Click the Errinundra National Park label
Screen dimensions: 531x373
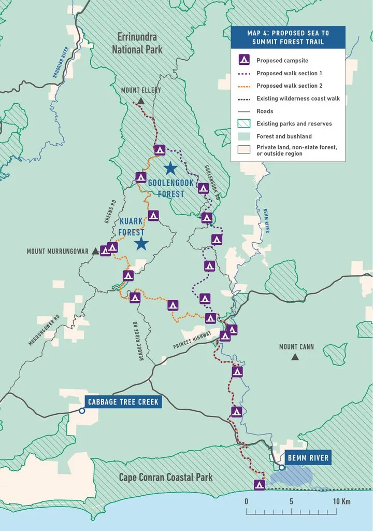pyautogui.click(x=137, y=43)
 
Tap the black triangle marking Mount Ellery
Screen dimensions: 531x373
pyautogui.click(x=141, y=101)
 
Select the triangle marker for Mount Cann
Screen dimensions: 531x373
pyautogui.click(x=295, y=357)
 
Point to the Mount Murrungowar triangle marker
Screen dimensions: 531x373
pyautogui.click(x=95, y=251)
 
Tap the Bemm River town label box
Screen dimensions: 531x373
pyautogui.click(x=307, y=458)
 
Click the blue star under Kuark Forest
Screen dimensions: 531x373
pyautogui.click(x=140, y=244)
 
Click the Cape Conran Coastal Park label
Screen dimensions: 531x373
pyautogui.click(x=165, y=477)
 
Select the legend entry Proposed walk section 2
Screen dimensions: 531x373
pyautogui.click(x=290, y=86)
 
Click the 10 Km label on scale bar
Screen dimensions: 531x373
pyautogui.click(x=342, y=501)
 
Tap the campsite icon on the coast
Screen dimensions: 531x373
pyautogui.click(x=260, y=485)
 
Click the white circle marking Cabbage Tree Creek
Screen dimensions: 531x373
pyautogui.click(x=82, y=411)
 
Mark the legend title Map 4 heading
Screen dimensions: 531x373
pyautogui.click(x=288, y=37)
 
